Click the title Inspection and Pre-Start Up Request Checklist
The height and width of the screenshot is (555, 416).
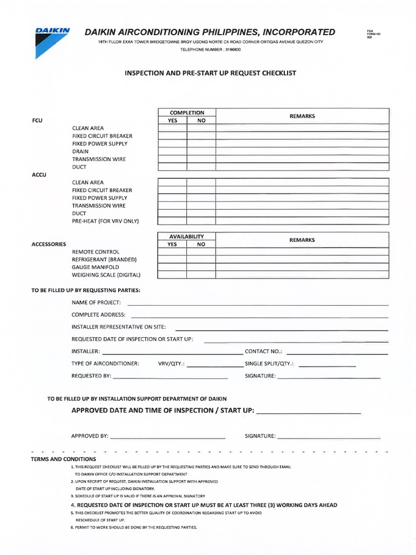211,73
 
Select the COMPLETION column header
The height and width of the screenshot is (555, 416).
187,113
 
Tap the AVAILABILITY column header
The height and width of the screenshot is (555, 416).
187,237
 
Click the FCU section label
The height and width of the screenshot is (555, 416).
37,120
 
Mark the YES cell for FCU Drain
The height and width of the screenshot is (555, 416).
172,151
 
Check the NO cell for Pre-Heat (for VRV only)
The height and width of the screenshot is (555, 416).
201,221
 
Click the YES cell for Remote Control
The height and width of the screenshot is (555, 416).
172,252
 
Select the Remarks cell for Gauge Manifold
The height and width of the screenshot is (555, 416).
302,267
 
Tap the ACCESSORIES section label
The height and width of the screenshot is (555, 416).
49,244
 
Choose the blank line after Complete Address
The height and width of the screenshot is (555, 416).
259,317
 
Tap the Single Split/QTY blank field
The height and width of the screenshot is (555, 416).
327,365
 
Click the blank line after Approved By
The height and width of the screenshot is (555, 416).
167,437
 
